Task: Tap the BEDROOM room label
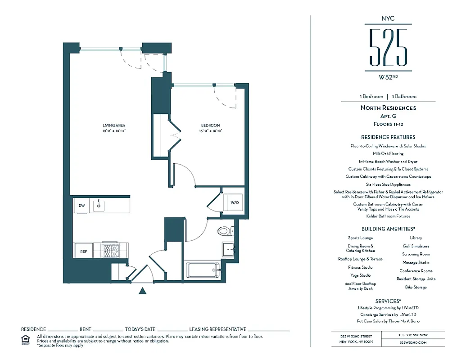point(210,125)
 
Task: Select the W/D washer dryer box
point(235,202)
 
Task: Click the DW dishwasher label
point(81,206)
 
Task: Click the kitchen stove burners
point(110,251)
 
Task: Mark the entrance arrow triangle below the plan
point(143,291)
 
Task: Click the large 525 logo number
point(388,47)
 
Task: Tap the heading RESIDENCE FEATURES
point(388,137)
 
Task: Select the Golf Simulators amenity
point(416,246)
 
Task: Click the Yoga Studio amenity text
point(360,275)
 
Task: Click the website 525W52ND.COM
point(412,343)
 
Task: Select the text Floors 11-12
point(388,124)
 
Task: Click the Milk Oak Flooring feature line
point(388,153)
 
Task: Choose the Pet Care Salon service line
point(388,321)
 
